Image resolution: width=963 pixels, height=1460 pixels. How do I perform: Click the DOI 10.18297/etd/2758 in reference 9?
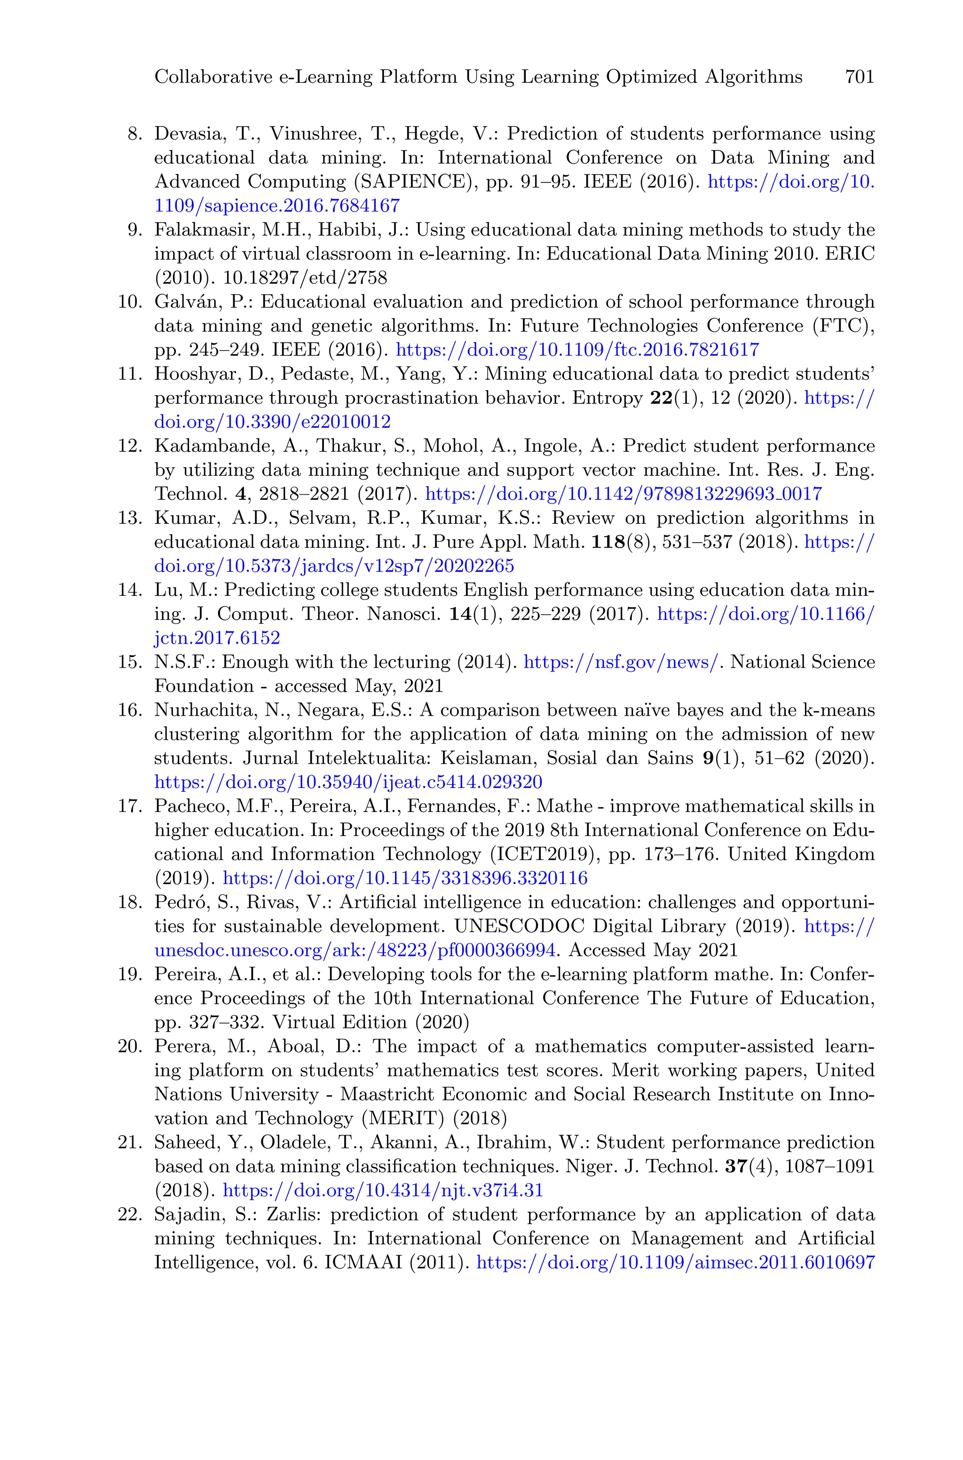click(305, 278)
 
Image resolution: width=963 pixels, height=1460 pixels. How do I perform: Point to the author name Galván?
click(185, 302)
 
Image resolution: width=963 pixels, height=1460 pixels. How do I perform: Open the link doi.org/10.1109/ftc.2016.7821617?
click(577, 350)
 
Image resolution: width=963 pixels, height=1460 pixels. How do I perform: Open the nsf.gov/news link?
click(620, 663)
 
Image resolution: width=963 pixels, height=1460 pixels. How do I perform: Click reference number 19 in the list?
click(130, 975)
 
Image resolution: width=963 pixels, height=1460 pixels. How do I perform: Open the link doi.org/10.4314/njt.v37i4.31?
click(383, 1191)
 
